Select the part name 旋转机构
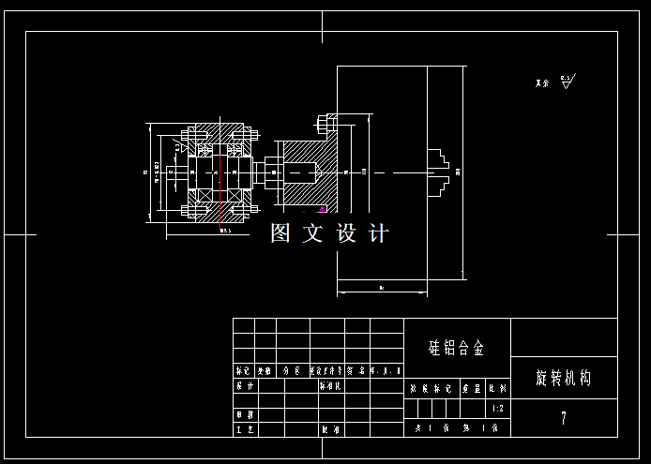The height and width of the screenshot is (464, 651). (563, 379)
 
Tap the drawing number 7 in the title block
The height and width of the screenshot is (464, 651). (563, 418)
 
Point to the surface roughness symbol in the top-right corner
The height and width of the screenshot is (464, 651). (567, 82)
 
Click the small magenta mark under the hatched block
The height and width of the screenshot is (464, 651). (322, 208)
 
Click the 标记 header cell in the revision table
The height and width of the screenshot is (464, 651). (243, 371)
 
